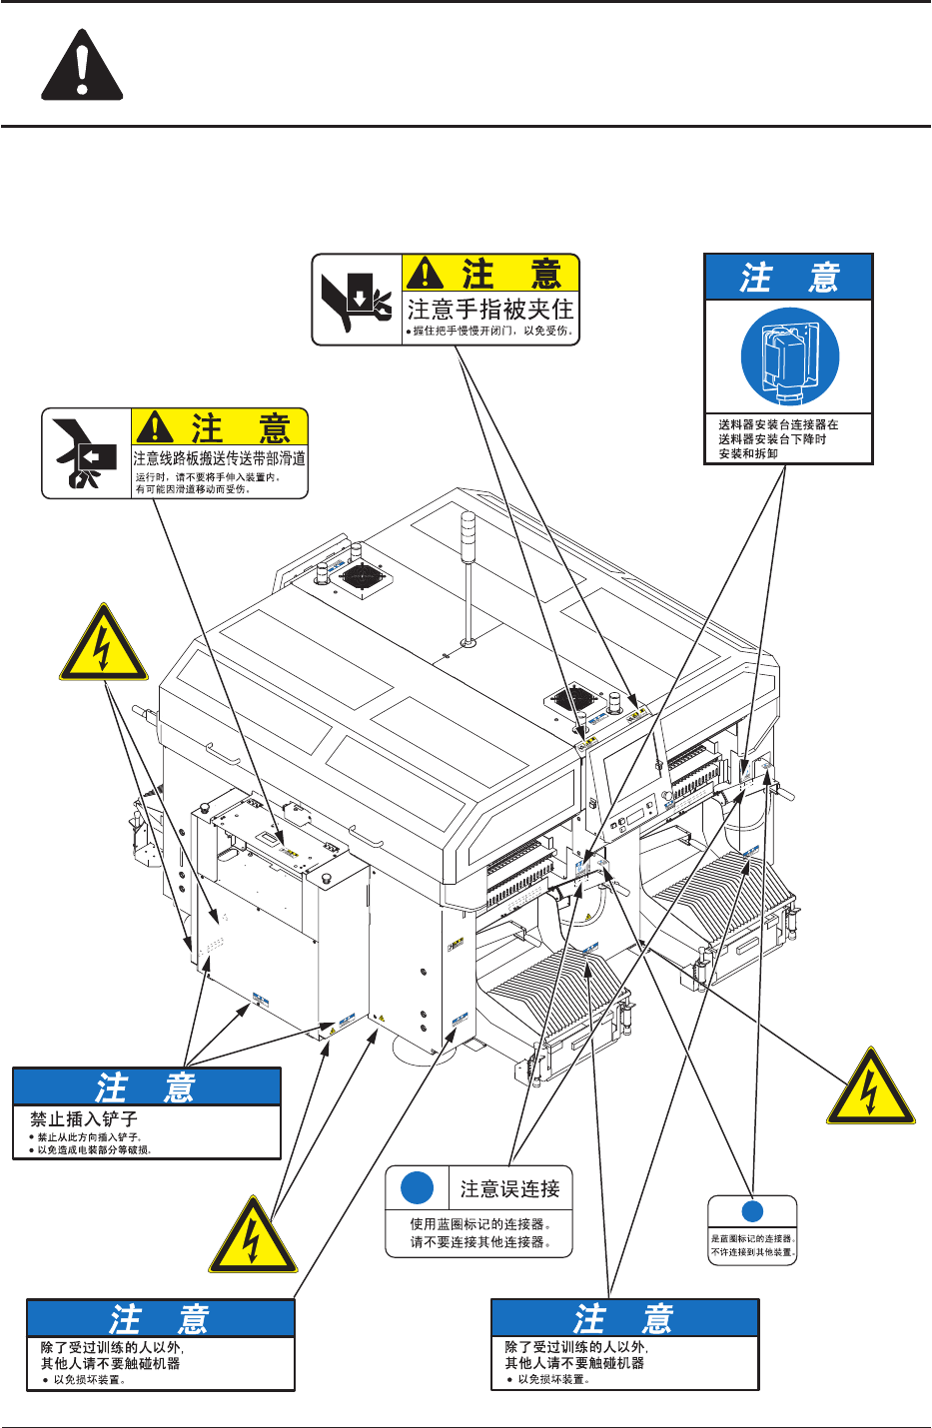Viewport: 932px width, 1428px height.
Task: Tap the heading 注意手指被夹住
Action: pos(490,309)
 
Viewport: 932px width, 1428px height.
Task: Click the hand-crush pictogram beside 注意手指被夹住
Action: pos(357,300)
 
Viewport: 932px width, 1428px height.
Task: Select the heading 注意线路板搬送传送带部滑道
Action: pos(220,458)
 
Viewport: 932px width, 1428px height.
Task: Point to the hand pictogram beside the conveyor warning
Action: pos(86,453)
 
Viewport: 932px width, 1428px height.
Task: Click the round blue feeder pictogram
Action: pos(789,357)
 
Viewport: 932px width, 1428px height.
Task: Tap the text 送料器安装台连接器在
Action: pos(778,424)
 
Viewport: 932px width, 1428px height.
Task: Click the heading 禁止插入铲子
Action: pos(84,1119)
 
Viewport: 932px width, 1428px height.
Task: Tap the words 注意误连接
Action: pos(509,1188)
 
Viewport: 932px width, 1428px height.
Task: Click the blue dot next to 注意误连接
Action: pos(417,1188)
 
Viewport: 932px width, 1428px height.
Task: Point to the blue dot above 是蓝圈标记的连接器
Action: pos(752,1211)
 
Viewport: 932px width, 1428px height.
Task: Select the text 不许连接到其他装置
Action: pos(753,1252)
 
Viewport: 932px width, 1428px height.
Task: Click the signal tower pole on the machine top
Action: pos(467,579)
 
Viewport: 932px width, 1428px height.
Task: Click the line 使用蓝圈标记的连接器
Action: pos(480,1224)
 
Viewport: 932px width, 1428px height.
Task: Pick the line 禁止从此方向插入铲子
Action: pos(89,1136)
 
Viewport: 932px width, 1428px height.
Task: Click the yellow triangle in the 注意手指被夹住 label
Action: pos(426,272)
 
